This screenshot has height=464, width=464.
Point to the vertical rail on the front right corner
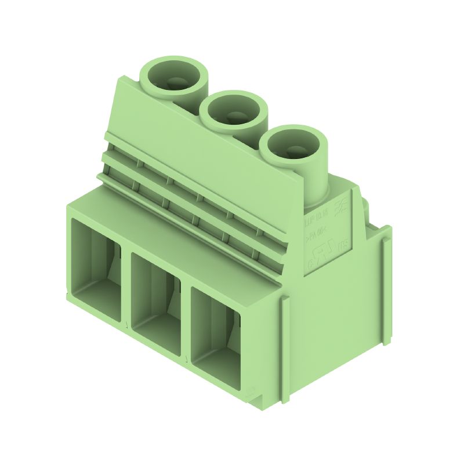pos(284,348)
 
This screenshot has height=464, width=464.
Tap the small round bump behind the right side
pos(367,206)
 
